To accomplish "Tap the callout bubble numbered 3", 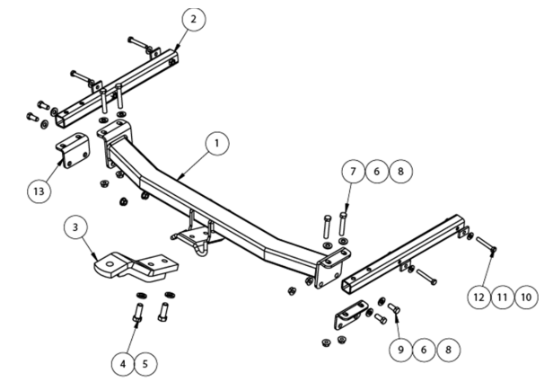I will (x=76, y=228).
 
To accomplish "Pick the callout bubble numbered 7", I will (x=354, y=171).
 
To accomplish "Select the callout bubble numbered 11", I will (x=501, y=294).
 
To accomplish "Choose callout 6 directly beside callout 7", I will (x=378, y=171).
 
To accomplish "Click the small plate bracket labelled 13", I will (x=73, y=150).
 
